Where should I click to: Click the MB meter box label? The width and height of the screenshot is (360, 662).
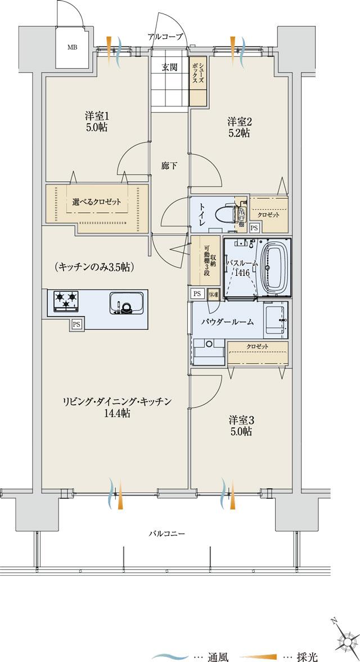coord(73,47)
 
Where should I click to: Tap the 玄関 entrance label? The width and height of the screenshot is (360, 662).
coord(169,68)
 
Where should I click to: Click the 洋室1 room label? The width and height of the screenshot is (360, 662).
coord(97,117)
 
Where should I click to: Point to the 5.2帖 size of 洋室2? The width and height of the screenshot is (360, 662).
coord(238,133)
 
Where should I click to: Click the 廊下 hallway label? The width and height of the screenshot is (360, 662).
coord(169,166)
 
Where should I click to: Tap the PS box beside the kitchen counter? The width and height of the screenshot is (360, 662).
coord(76,324)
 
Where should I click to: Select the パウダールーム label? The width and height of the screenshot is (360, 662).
coord(227,322)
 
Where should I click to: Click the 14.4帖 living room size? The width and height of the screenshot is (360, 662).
coord(117,413)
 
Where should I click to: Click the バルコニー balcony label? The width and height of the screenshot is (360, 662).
coord(167,533)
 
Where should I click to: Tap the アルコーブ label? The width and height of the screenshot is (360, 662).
coord(165,37)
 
